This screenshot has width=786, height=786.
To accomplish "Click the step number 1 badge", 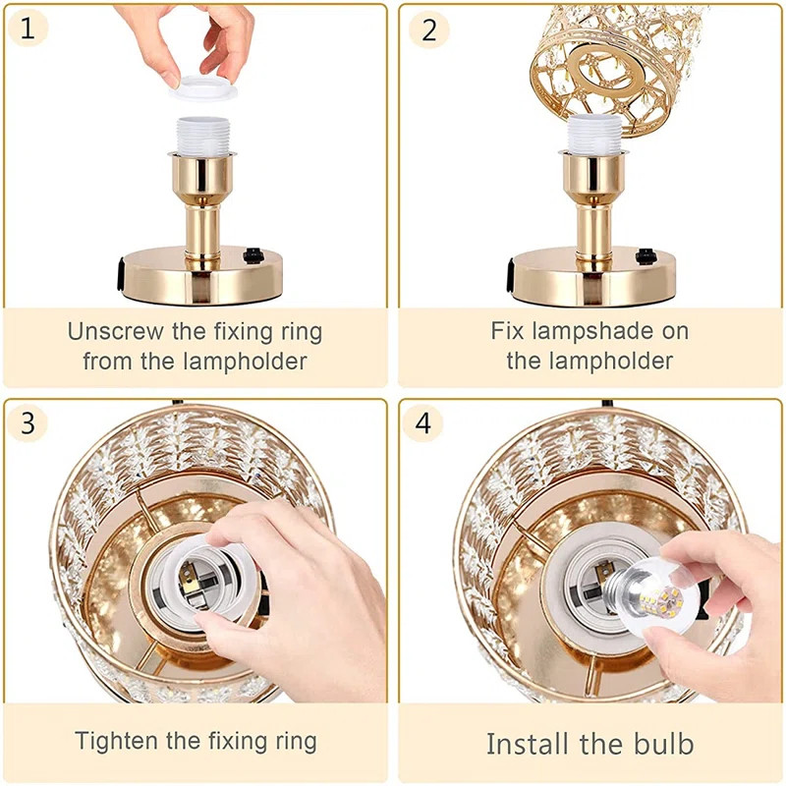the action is (x=28, y=28).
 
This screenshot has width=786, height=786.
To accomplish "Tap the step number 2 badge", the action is (x=428, y=30).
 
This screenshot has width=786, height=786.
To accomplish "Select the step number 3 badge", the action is (x=28, y=422).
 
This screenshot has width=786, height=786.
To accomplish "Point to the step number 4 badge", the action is (x=422, y=422).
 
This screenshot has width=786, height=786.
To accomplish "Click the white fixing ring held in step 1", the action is (x=204, y=87).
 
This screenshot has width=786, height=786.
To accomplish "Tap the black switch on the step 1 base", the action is (x=253, y=255).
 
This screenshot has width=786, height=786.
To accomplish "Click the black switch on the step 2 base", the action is (x=646, y=256).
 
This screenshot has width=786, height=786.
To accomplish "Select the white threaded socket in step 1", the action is (x=202, y=136).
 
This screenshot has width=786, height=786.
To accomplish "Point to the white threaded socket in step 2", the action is (x=594, y=134).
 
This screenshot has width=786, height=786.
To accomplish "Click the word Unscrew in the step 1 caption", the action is (x=115, y=331).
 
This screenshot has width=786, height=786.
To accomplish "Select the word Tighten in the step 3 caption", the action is (x=117, y=741).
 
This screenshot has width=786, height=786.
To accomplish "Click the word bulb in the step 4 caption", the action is (x=664, y=744).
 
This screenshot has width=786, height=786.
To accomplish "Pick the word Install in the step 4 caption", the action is (x=530, y=744).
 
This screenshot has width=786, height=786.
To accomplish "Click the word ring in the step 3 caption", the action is (x=294, y=742).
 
